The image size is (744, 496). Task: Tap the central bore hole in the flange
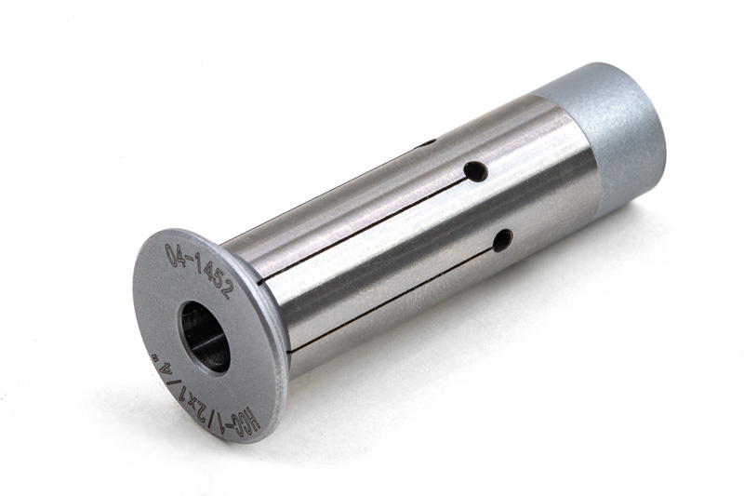point(205,337)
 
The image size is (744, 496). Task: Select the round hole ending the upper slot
point(475,171)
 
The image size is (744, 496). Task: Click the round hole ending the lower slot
point(502,240)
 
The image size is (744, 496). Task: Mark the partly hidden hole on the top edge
point(425,143)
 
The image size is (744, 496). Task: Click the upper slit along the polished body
point(363,230)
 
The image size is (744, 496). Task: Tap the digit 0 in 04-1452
point(172,255)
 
